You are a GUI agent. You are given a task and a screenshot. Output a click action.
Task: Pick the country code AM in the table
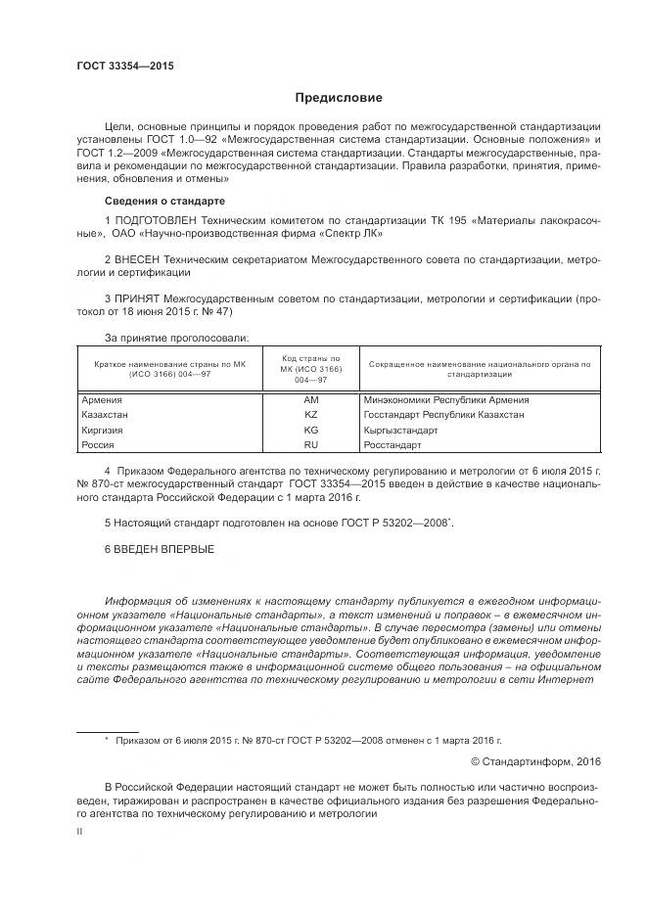pyautogui.click(x=311, y=400)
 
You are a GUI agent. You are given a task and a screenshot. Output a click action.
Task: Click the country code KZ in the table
pyautogui.click(x=311, y=414)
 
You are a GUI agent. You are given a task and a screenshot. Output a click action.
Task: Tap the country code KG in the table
pyautogui.click(x=311, y=430)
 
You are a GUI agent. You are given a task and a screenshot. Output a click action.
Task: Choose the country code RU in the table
pyautogui.click(x=311, y=444)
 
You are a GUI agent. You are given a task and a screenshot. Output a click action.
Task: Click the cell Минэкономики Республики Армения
pyautogui.click(x=445, y=400)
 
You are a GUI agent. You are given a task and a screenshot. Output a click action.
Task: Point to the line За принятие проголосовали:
pyautogui.click(x=176, y=338)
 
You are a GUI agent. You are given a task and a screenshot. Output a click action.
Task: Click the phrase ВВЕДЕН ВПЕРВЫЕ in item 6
pyautogui.click(x=165, y=548)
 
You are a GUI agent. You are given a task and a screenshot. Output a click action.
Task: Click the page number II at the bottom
pyautogui.click(x=79, y=830)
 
